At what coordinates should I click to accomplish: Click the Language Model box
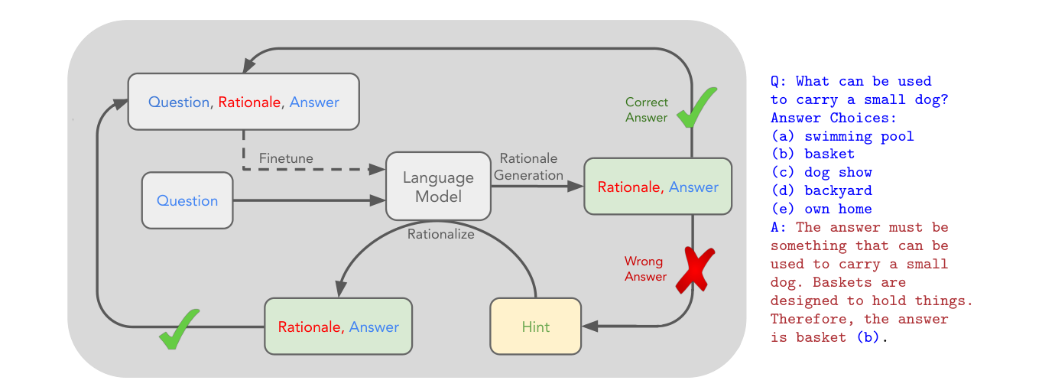point(438,186)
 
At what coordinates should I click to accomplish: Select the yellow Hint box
point(535,326)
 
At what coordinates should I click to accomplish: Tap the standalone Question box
point(187,200)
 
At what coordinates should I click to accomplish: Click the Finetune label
point(286,158)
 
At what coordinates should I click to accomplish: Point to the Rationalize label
point(441,234)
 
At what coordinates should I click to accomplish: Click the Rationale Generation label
point(528,167)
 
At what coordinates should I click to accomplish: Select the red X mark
point(695,271)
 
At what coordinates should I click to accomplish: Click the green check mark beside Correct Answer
point(697,107)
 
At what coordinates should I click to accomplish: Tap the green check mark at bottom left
point(180,330)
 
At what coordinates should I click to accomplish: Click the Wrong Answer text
point(645,269)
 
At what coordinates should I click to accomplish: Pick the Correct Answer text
point(647,110)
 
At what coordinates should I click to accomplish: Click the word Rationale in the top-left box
point(249,102)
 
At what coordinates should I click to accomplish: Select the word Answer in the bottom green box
point(374,327)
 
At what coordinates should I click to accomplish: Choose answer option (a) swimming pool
point(842,136)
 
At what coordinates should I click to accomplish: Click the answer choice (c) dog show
point(821,172)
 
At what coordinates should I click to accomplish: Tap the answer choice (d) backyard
point(821,190)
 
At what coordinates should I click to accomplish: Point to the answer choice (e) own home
point(821,209)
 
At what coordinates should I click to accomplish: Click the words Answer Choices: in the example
point(833,118)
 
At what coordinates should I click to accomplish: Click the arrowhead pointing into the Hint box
point(590,326)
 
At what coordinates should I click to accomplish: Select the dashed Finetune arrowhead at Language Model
point(377,169)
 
